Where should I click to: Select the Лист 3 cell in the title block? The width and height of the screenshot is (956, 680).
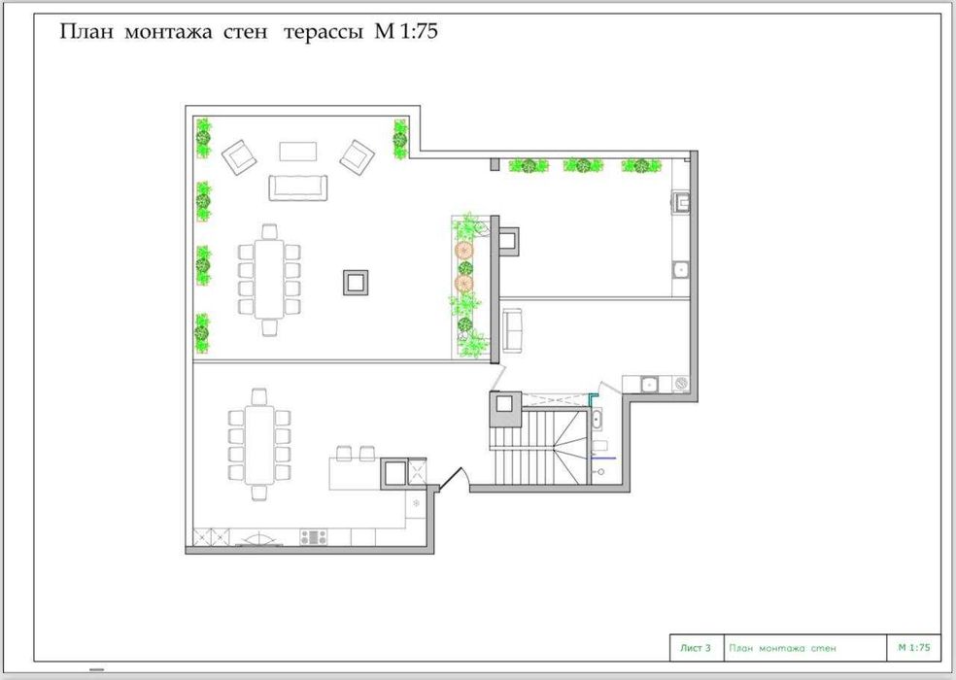coord(696,648)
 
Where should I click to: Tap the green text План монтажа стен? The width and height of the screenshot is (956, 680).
coord(782,648)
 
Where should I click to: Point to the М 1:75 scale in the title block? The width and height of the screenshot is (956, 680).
coord(914,647)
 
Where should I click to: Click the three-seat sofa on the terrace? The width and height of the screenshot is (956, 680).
coord(298,187)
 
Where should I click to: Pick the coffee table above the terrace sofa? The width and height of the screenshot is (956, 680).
coord(298,152)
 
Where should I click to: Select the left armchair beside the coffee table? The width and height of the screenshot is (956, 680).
coord(240,156)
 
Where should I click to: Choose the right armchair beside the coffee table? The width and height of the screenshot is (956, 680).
coord(358,156)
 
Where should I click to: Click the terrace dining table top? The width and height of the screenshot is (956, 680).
coord(269,278)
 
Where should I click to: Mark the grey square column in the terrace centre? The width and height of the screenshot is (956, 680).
coord(356,282)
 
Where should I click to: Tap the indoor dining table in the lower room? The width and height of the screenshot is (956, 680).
coord(259,445)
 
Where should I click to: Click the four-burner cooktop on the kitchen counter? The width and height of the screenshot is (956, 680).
coord(314,537)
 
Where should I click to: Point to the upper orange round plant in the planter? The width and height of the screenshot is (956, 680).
coord(463,249)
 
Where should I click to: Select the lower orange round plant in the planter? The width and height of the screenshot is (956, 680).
coord(463,283)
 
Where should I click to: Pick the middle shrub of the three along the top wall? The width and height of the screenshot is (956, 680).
coord(584,165)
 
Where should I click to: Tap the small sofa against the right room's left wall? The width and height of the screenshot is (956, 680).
coord(512,331)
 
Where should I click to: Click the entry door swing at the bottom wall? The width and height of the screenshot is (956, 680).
coord(453,479)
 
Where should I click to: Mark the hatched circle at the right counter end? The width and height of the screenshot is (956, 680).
coord(682,384)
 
